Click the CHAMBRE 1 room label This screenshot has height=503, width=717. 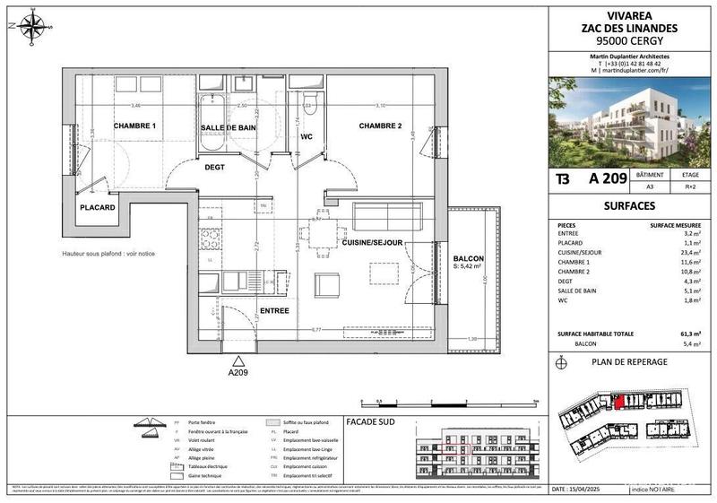click(x=134, y=126)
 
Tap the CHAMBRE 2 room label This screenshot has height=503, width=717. click(x=382, y=126)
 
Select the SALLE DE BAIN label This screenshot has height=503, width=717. click(x=229, y=129)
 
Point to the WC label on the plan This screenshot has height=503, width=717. click(x=305, y=138)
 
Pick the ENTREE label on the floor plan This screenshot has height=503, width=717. click(x=274, y=310)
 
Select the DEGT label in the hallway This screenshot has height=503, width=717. click(x=213, y=167)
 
